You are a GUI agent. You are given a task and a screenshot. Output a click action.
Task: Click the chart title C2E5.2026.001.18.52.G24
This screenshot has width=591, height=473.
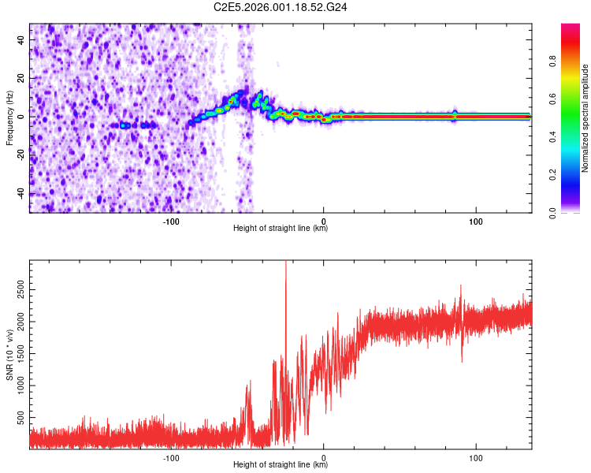click(281, 7)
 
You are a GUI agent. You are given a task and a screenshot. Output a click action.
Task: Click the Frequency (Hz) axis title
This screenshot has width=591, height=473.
click(9, 117)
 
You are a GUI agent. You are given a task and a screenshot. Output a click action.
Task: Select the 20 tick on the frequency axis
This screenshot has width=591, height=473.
click(21, 78)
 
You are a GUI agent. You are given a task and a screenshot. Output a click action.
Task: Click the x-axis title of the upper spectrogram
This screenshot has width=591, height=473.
click(281, 229)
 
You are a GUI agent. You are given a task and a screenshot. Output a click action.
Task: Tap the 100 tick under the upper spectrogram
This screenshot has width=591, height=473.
click(475, 222)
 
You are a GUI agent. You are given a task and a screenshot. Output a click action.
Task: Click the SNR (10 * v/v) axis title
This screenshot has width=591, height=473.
click(9, 354)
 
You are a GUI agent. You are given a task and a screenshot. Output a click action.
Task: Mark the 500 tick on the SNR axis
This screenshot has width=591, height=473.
click(21, 415)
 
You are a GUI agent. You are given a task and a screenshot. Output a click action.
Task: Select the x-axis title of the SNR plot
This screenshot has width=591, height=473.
click(281, 465)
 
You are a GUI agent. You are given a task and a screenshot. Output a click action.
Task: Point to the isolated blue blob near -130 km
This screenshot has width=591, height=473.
click(123, 125)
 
